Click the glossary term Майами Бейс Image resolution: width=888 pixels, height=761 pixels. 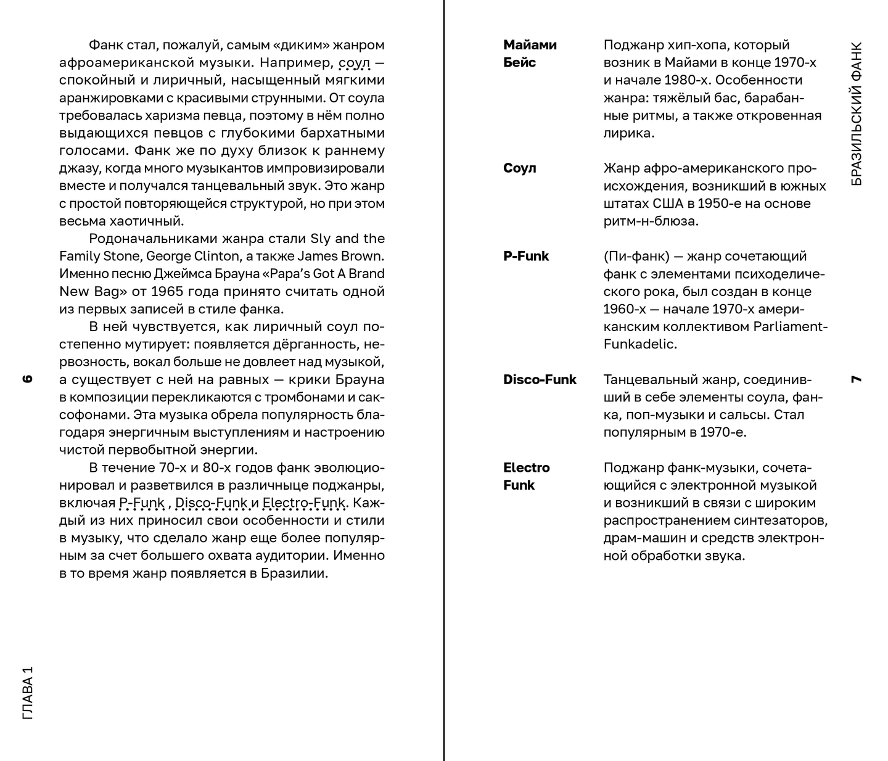pyautogui.click(x=530, y=54)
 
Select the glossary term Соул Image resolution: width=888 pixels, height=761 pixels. pyautogui.click(x=520, y=168)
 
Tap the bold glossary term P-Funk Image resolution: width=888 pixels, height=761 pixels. pyautogui.click(x=526, y=257)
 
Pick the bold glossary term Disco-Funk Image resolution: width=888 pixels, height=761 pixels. pyautogui.click(x=540, y=380)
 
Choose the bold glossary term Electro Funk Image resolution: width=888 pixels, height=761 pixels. pyautogui.click(x=526, y=476)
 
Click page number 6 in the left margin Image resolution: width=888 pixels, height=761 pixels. pyautogui.click(x=27, y=379)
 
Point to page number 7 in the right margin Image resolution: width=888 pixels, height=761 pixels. pyautogui.click(x=856, y=379)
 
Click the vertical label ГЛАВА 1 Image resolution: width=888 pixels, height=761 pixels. pyautogui.click(x=27, y=693)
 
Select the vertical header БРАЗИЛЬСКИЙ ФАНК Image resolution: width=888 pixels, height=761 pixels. pyautogui.click(x=856, y=114)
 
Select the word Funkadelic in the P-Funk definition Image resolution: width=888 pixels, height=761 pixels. pyautogui.click(x=639, y=345)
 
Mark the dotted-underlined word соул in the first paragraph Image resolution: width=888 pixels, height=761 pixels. pyautogui.click(x=355, y=63)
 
